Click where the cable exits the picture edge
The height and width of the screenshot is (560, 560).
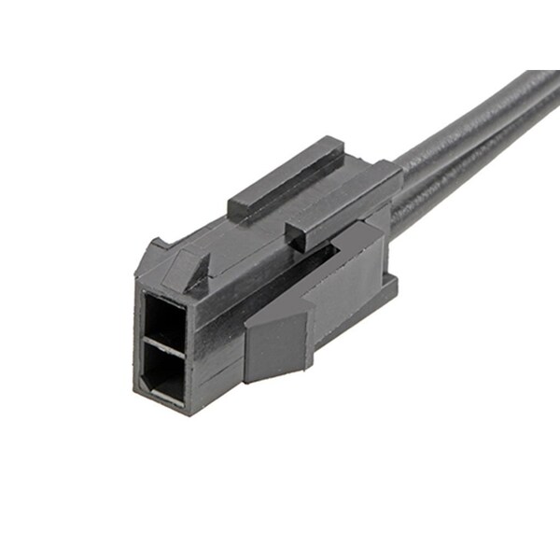pos(551,89)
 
